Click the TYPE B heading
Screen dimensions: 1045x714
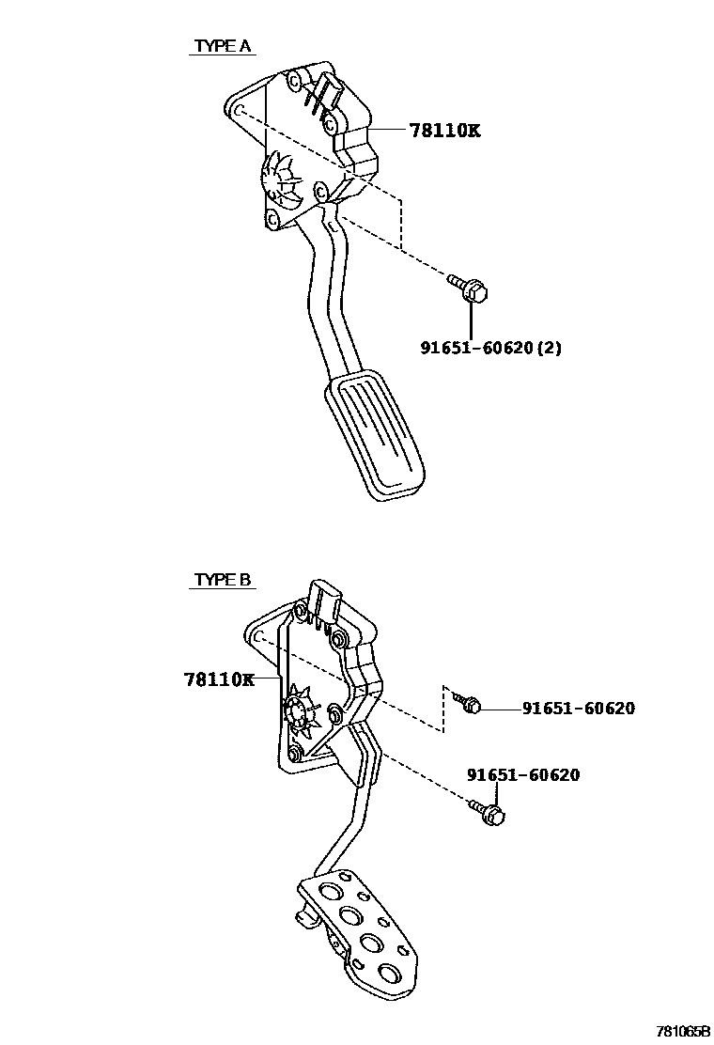(x=222, y=580)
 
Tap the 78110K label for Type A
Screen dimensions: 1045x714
(x=443, y=131)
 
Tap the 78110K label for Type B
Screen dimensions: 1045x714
(x=219, y=678)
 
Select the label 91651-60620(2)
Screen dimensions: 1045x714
(x=490, y=348)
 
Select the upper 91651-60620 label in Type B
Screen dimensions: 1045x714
(x=578, y=708)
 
